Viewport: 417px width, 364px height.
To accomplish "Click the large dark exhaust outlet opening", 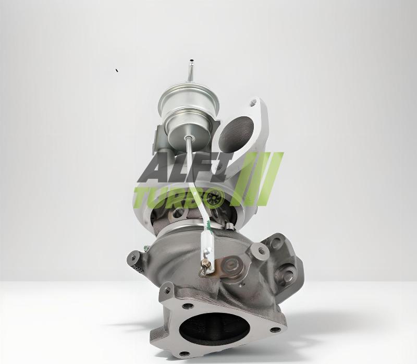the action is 215,329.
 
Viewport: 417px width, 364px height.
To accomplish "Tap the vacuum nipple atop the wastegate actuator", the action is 191,70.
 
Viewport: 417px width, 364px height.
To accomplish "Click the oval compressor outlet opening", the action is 236,135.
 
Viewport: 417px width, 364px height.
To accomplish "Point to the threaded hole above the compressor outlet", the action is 253,102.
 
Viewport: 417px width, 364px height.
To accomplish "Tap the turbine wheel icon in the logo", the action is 215,198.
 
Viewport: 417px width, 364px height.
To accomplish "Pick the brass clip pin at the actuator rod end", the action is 206,266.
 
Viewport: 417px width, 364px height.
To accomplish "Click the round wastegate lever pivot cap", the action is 229,264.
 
